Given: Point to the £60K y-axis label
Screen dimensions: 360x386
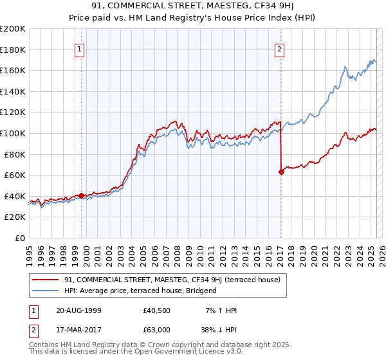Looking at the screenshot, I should coord(14,175).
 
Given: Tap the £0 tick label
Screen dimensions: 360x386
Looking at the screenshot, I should coord(19,238).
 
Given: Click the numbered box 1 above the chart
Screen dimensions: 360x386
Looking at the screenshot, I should coord(80,50).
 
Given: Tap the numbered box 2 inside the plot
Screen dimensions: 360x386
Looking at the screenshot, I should coord(280,50).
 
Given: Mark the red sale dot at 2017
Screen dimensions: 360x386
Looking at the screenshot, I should coord(281,172).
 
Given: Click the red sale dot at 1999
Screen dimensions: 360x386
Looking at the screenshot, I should coord(82,195).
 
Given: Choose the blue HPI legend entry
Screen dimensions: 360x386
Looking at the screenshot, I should coord(140,291).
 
